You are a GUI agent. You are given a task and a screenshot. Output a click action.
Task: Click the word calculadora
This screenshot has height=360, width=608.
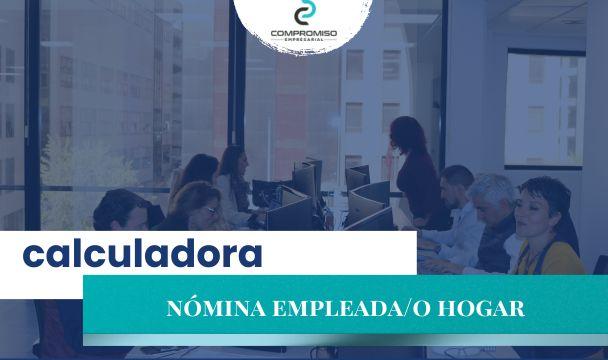coord(142,254)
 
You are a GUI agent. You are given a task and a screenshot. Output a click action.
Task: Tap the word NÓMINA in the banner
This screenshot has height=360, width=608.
coord(216,308)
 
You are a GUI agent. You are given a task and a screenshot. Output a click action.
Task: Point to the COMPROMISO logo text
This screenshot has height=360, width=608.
coord(304,33)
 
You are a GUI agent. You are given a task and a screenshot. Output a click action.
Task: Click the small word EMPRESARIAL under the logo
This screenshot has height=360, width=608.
coord(304,40)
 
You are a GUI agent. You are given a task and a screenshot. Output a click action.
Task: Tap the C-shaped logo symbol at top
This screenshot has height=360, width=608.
coord(304,12)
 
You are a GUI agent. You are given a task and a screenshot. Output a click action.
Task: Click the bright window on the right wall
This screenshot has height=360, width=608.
coord(545,109)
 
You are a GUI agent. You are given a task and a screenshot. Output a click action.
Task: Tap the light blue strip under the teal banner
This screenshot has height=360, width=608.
coord(345,340)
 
